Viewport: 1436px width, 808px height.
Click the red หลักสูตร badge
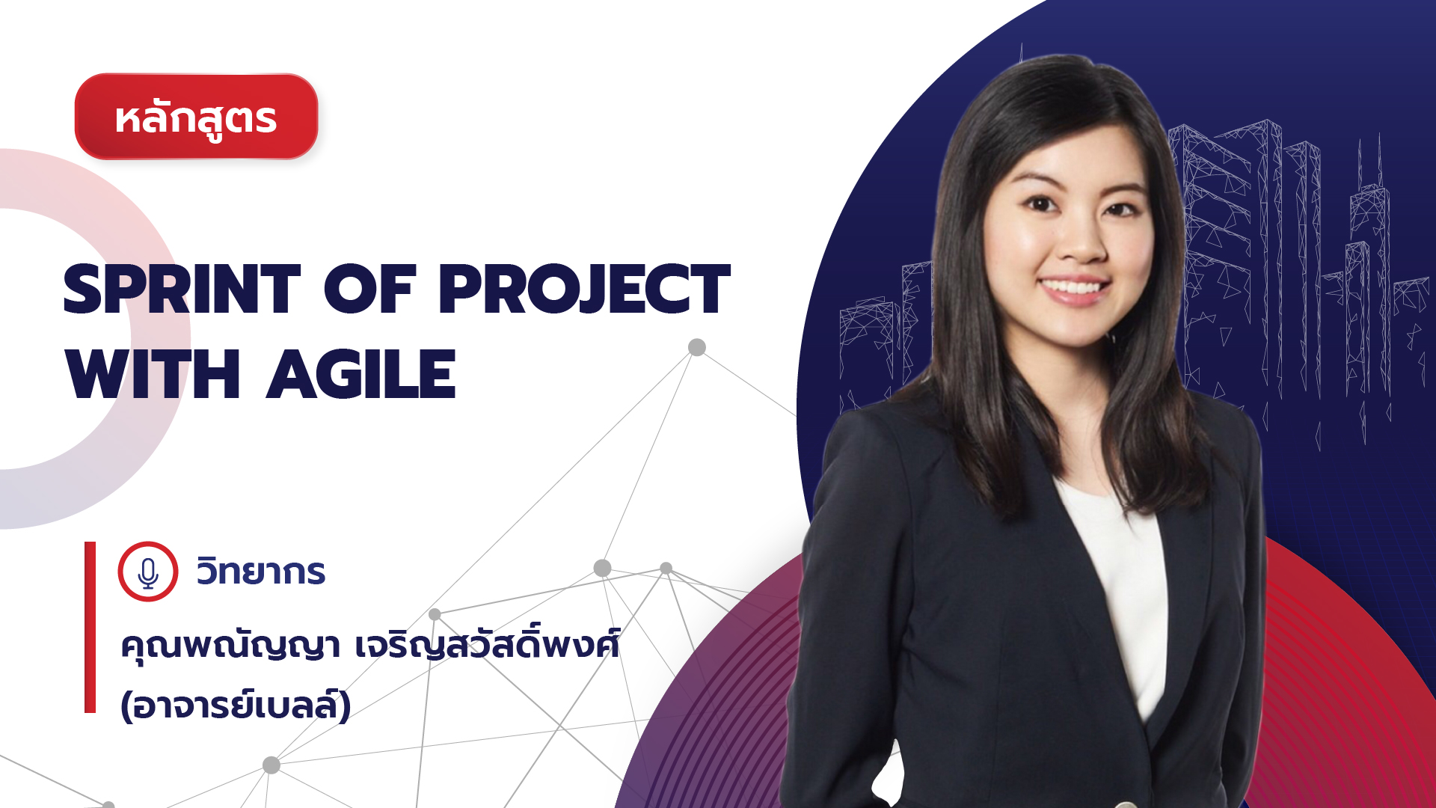(197, 117)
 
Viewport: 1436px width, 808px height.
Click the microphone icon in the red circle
(148, 572)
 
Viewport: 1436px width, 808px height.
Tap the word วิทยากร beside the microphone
(261, 572)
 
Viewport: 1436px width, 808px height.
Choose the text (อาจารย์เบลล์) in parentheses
(236, 705)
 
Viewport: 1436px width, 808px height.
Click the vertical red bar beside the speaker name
(90, 627)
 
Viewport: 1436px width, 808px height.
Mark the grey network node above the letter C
(697, 347)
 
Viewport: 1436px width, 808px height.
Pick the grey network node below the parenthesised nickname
(271, 765)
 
